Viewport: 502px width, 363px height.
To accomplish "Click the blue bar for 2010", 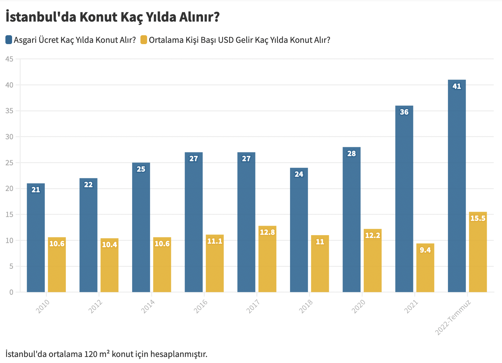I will (36, 238).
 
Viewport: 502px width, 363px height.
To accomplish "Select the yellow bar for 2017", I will (267, 259).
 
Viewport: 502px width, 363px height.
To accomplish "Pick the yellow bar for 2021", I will (425, 268).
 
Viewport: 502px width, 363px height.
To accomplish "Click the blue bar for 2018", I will (299, 230).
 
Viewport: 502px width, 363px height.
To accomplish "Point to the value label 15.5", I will (478, 218).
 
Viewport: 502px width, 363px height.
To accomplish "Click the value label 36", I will (404, 112).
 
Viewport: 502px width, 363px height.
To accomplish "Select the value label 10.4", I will (110, 245).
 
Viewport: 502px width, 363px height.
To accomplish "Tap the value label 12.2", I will (373, 235).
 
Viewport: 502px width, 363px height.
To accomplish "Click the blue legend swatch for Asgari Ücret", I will (9, 40).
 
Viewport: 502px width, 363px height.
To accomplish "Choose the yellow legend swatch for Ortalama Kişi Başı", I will (144, 40).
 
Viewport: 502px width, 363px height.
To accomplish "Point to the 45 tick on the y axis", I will (10, 59).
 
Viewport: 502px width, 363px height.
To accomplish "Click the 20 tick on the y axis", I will (10, 188).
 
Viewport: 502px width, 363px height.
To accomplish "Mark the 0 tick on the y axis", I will (11, 292).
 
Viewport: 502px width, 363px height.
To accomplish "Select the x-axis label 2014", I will (148, 306).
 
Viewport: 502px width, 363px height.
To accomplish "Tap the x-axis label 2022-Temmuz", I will (453, 317).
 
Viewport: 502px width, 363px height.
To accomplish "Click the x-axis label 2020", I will (358, 306).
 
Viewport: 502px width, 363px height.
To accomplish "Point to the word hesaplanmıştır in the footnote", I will (179, 354).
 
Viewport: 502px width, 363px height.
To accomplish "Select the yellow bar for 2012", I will (110, 265).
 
